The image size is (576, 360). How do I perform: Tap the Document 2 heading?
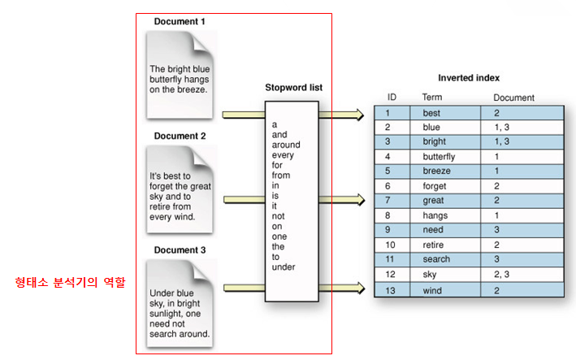(180, 136)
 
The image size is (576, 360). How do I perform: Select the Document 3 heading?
(180, 250)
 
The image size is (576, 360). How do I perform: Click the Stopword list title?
(292, 87)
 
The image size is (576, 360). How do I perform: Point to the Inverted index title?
(469, 78)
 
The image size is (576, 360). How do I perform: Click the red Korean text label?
(71, 284)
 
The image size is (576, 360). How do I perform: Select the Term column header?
(432, 98)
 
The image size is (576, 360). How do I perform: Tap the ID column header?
(392, 98)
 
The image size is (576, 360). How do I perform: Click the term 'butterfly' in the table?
(439, 156)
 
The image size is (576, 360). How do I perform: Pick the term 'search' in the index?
(436, 260)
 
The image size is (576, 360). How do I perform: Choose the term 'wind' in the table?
(431, 289)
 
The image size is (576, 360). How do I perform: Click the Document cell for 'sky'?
(501, 275)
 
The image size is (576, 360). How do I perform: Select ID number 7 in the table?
(389, 201)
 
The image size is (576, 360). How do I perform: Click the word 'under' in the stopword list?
(284, 267)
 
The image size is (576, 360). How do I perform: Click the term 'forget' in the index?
(435, 186)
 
